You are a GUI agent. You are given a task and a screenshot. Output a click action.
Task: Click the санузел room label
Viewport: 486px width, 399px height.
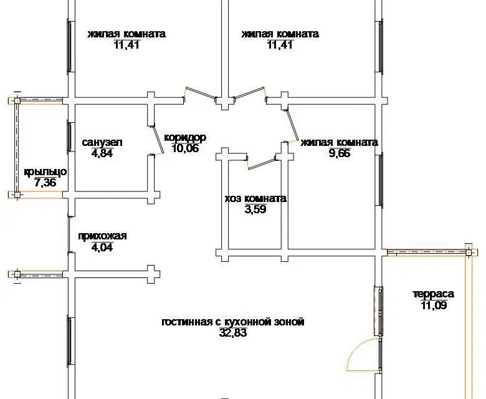(x=102, y=143)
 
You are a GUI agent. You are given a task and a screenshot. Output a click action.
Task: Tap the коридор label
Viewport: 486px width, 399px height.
(x=185, y=138)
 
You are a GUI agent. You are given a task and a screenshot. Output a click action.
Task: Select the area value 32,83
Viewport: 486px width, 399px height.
(x=233, y=333)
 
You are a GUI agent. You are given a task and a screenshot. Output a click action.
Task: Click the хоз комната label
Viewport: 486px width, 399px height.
(x=255, y=198)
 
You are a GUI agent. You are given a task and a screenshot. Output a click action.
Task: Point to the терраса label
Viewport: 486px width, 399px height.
(x=434, y=294)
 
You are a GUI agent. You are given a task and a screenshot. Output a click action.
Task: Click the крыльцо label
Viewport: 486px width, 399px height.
(x=45, y=172)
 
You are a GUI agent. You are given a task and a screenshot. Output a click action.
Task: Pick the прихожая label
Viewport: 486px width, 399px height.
(x=102, y=236)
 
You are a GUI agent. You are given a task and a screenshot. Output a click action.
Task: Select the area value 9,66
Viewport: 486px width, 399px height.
(x=340, y=153)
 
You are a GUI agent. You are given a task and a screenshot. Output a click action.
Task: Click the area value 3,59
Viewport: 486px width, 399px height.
(x=255, y=209)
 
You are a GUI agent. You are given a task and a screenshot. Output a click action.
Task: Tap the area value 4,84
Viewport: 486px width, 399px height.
(x=102, y=153)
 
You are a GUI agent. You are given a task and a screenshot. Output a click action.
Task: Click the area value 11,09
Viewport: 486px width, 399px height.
(x=434, y=305)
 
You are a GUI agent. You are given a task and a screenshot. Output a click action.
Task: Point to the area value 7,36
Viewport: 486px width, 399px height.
(x=45, y=183)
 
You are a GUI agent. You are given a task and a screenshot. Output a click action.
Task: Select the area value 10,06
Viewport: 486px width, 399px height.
(x=185, y=148)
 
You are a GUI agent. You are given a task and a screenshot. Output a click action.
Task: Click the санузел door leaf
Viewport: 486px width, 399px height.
(x=157, y=140)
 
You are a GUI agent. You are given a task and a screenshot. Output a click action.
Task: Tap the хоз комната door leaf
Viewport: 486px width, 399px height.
(x=261, y=164)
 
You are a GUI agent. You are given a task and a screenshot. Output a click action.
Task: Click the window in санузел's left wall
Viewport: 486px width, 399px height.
(x=69, y=137)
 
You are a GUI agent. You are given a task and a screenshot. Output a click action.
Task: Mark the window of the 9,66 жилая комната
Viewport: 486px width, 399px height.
(x=380, y=179)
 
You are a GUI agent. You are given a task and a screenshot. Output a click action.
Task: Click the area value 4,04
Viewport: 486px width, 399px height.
(x=102, y=248)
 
